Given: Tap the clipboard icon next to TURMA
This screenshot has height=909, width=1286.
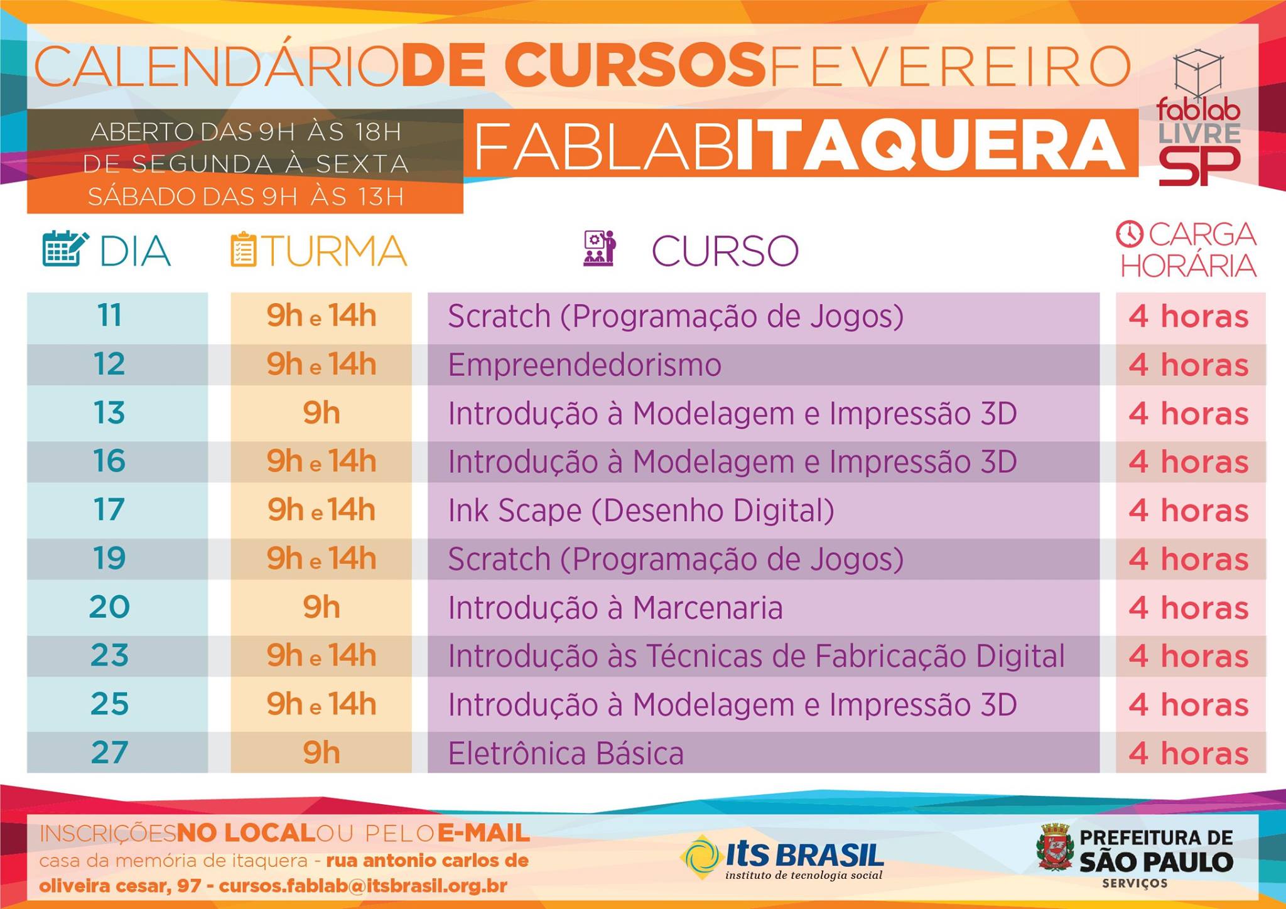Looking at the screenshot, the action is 244,249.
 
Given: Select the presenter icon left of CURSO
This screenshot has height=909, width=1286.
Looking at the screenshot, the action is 600,249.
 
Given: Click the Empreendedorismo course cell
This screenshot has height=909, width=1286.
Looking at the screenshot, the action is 764,365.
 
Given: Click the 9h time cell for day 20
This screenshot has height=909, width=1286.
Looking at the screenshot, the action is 321,607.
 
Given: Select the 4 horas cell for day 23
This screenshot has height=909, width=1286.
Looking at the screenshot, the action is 1191,656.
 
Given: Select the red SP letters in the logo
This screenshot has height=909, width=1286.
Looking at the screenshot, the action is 1199,166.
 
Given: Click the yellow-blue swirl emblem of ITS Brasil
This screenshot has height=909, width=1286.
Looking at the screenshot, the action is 701,856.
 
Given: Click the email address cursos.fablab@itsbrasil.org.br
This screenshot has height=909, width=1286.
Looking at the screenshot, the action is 363,886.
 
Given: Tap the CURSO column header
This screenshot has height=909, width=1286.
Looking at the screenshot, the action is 725,251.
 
